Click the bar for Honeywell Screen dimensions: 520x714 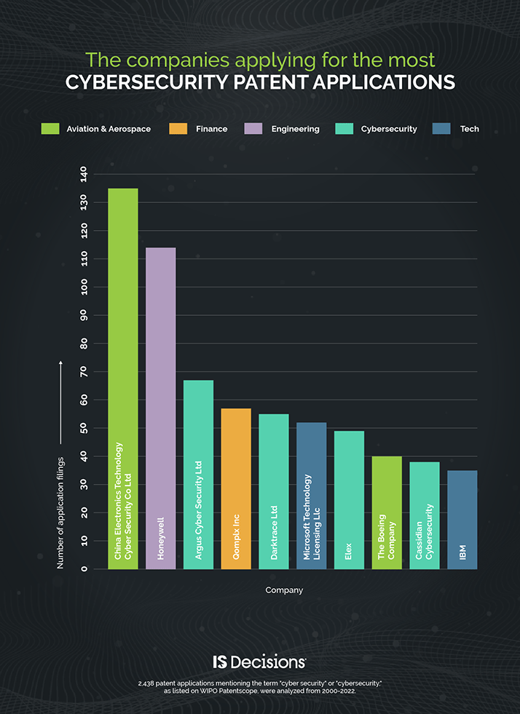click(160, 408)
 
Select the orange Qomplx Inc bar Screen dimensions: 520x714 click(236, 488)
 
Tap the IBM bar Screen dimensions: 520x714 click(462, 520)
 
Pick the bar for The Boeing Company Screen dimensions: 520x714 click(387, 512)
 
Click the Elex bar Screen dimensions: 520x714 click(349, 500)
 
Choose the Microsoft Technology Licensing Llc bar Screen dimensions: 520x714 click(311, 496)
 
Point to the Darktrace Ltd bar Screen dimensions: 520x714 click(274, 491)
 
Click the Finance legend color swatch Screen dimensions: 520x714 click(178, 129)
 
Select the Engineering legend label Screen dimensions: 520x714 click(295, 129)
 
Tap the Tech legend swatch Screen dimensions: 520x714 click(441, 129)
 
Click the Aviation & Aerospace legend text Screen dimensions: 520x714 click(109, 129)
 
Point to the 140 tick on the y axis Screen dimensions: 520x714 click(84, 174)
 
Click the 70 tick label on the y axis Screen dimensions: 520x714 click(84, 372)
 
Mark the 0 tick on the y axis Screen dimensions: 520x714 click(84, 568)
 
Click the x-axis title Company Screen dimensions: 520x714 click(284, 590)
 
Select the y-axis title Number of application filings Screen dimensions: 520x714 click(60, 512)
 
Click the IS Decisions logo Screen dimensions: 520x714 click(259, 662)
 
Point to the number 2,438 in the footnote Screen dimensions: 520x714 click(146, 683)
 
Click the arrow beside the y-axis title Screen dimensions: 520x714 click(60, 402)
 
